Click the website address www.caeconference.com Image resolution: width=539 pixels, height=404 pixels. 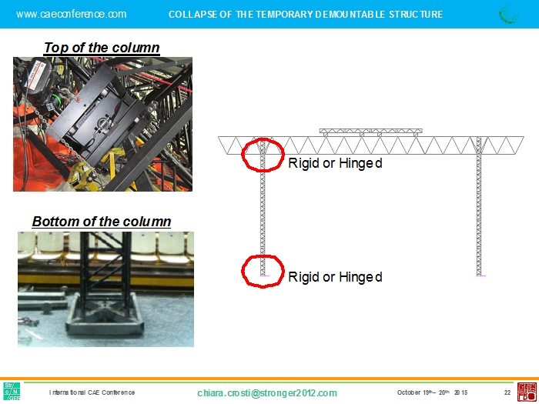tap(71, 14)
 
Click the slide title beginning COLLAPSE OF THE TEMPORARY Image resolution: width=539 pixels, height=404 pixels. tap(306, 15)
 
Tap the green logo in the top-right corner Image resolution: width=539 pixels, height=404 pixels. tap(508, 14)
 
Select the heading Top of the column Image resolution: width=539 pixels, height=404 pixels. tap(102, 48)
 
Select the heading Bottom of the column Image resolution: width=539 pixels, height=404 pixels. tap(102, 222)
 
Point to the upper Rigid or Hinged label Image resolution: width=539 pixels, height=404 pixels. tap(335, 163)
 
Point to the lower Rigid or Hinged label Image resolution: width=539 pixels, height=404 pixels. tap(335, 277)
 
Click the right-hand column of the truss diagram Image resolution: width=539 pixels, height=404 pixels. tap(479, 206)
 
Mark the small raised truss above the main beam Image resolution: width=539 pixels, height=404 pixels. tap(370, 132)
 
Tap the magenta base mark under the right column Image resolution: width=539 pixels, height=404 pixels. tap(481, 275)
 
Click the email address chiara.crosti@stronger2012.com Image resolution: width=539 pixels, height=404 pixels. tap(267, 393)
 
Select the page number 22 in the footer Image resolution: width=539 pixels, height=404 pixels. tap(507, 392)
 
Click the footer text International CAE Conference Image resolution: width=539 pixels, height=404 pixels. tap(92, 392)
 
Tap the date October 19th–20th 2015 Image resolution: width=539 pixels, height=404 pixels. tap(432, 392)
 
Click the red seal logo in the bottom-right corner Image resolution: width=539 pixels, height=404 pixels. tap(527, 392)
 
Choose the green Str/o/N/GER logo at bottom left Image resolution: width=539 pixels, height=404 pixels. tap(12, 391)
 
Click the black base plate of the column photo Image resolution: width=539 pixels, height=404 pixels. tap(105, 321)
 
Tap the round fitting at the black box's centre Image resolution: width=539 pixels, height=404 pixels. tap(102, 124)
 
